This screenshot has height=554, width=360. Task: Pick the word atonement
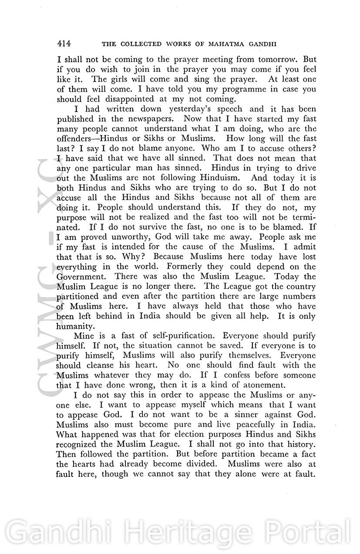pyautogui.click(x=263, y=385)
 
